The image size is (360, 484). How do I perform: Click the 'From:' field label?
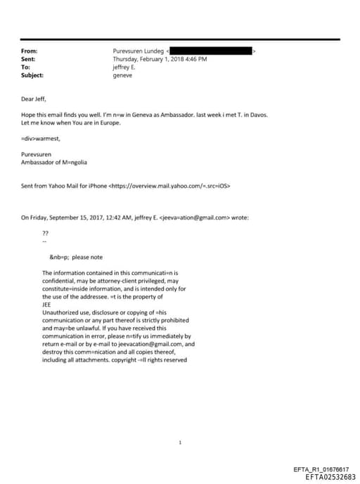[30, 51]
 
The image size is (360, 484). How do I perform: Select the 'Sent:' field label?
[30, 59]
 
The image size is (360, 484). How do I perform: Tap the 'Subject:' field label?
[32, 75]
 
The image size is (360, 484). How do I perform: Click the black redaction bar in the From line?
[211, 51]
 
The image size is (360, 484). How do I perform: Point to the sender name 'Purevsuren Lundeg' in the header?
[138, 51]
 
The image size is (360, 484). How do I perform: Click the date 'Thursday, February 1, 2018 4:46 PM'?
[160, 59]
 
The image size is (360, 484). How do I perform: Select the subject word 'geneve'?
[122, 75]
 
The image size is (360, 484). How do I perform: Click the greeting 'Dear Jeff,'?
[34, 99]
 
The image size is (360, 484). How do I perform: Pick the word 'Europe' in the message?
[111, 122]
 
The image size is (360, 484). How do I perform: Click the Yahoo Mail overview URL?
[169, 186]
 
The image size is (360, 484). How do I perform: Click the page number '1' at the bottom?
[180, 442]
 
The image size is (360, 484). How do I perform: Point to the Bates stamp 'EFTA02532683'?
[330, 477]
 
